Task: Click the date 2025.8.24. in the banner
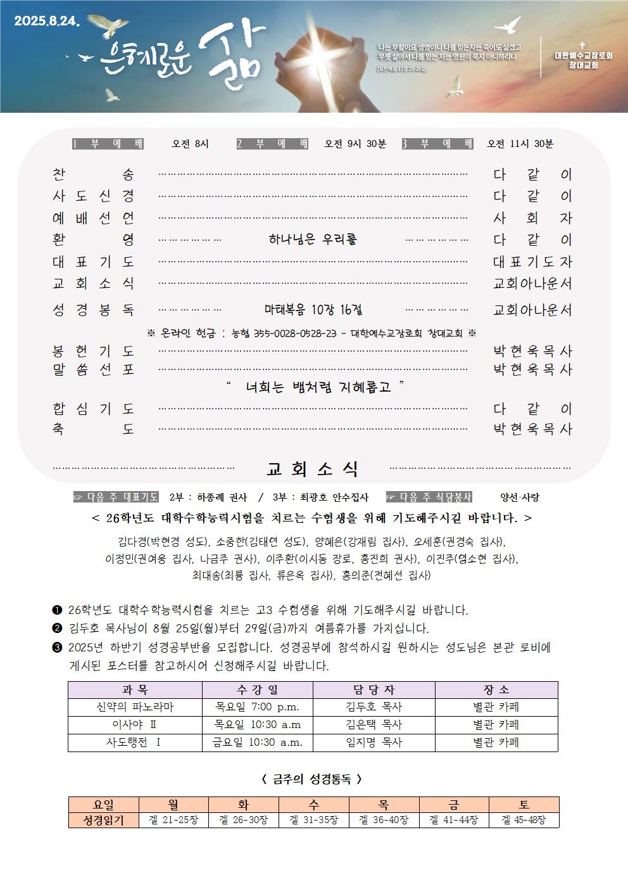47,20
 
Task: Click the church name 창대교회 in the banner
582,65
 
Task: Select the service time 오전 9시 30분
355,144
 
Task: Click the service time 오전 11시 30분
520,144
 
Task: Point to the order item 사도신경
93,196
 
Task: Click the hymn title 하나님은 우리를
313,240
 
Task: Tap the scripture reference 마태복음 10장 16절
313,310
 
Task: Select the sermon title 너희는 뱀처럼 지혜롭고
318,387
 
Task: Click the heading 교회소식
313,470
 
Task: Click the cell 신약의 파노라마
135,707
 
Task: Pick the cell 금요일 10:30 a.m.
257,743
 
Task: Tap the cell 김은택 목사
374,725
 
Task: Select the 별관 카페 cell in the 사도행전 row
496,743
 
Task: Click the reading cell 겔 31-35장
314,820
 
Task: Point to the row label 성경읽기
103,820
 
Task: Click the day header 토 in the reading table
524,805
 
